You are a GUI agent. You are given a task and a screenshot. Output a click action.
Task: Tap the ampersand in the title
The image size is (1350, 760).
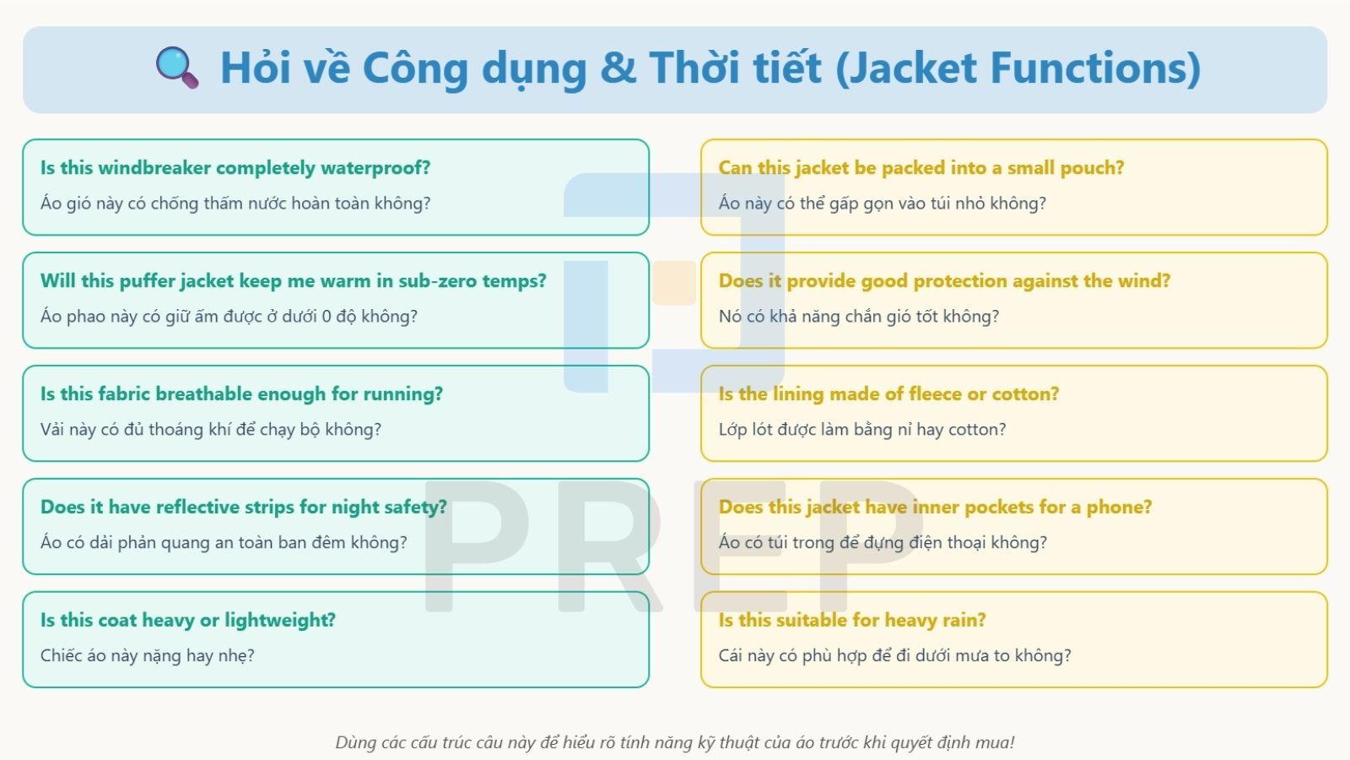(x=618, y=68)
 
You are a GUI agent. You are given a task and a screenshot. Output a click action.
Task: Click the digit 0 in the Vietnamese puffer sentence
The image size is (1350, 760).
(x=327, y=317)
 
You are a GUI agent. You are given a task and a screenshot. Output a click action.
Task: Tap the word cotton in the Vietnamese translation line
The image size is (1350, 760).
(x=976, y=430)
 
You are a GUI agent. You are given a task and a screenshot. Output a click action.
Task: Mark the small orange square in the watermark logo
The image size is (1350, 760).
(x=673, y=283)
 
